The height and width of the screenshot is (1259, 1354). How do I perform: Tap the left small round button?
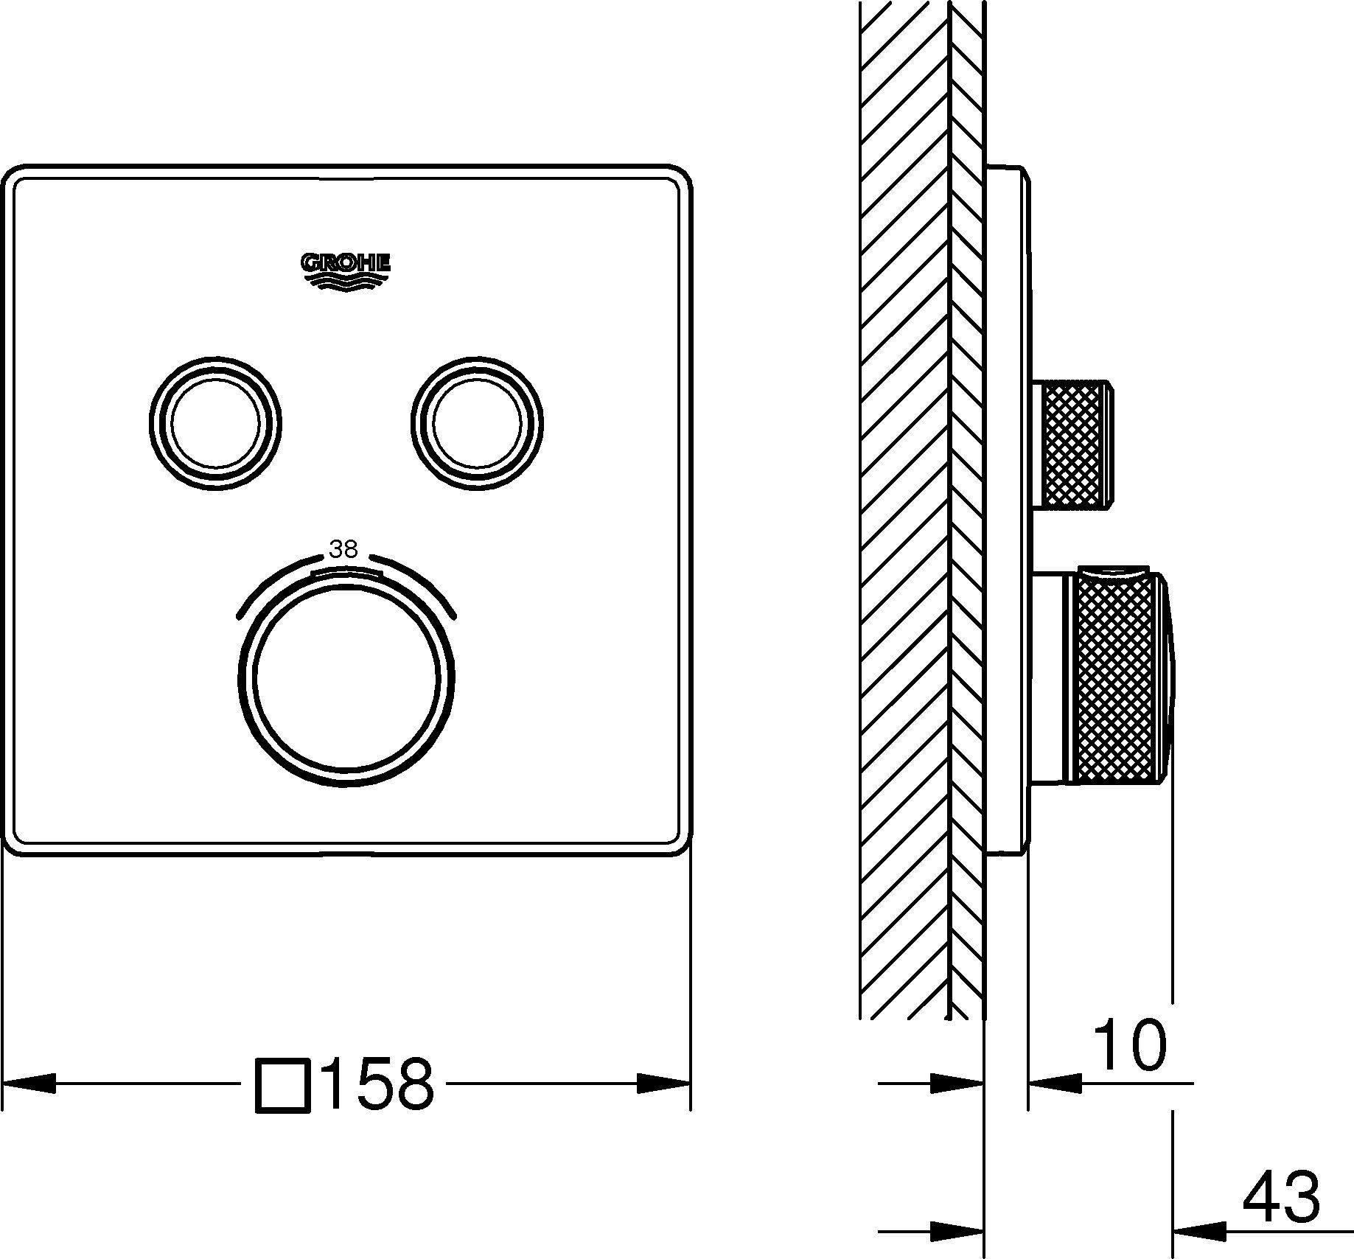tap(214, 425)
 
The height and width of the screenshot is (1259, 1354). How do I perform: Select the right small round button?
tap(478, 425)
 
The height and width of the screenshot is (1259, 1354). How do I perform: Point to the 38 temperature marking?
tap(344, 549)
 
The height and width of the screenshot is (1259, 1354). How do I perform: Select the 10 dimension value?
tap(1128, 1044)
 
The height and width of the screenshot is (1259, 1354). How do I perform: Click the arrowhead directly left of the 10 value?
tap(1055, 1083)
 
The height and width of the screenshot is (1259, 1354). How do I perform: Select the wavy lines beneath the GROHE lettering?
tap(345, 282)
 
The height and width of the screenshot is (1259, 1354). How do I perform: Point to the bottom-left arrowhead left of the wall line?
tap(957, 1231)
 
